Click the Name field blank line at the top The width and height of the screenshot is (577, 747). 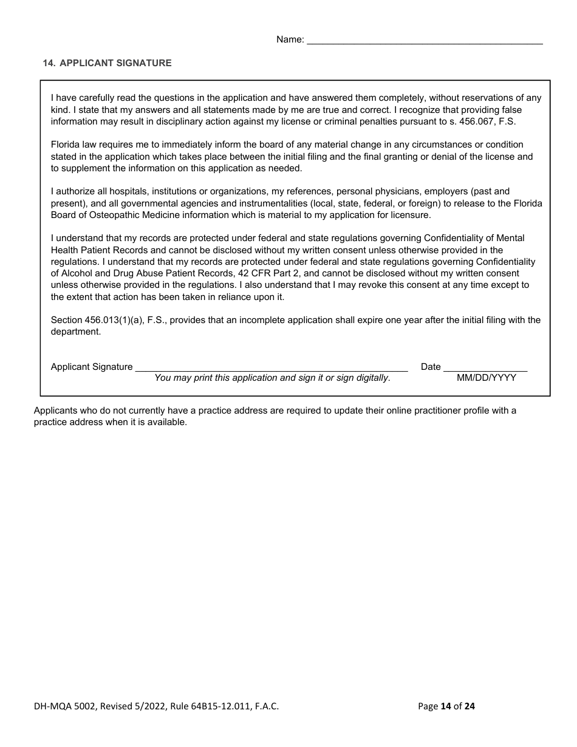tap(425, 40)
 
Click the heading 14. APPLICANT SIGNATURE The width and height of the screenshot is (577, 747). tap(107, 63)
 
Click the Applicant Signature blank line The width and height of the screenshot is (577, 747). tap(271, 367)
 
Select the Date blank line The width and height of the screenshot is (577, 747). tap(485, 367)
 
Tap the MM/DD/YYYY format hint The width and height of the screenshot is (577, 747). tap(486, 378)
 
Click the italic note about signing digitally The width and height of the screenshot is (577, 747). tap(272, 378)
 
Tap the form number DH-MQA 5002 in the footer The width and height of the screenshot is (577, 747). tap(65, 706)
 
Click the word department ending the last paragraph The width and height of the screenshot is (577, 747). tap(75, 332)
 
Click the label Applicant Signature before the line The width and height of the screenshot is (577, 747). tap(92, 367)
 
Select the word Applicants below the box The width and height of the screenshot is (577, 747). tap(55, 411)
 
